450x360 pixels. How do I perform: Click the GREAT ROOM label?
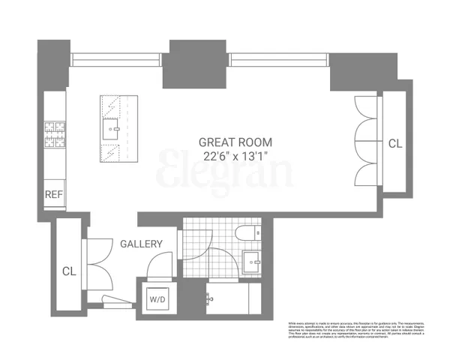click(x=235, y=141)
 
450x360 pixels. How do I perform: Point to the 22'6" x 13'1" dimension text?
click(x=235, y=156)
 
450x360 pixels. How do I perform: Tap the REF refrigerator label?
click(x=54, y=194)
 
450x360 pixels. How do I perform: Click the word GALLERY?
click(x=141, y=244)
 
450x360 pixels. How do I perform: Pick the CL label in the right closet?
click(x=395, y=142)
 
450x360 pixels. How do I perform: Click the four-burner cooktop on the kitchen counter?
click(x=55, y=136)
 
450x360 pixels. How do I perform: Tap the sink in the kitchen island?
click(x=114, y=129)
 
